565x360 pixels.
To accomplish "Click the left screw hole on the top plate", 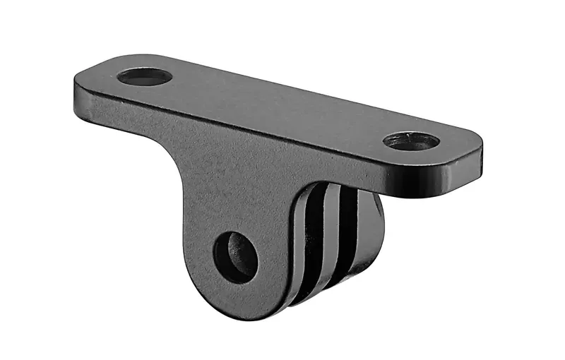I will pyautogui.click(x=145, y=76).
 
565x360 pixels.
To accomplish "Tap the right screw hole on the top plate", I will pyautogui.click(x=411, y=140).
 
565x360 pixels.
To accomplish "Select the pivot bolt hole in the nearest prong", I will pyautogui.click(x=235, y=257).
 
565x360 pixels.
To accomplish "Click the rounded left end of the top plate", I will pyautogui.click(x=79, y=83).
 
